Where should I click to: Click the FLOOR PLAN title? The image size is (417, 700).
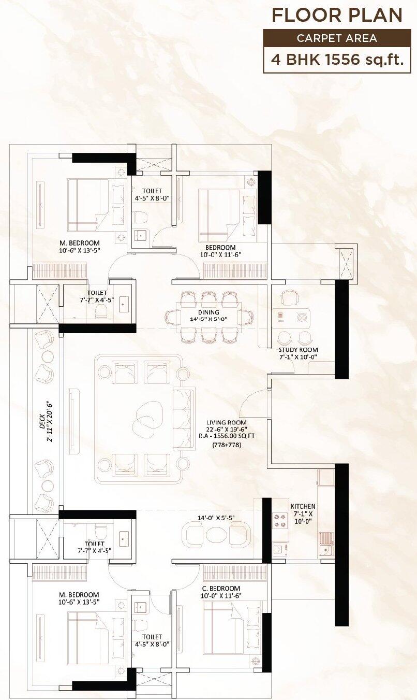[337, 16]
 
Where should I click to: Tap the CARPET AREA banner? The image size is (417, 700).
[337, 38]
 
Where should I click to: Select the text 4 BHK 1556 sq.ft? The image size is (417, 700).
[337, 60]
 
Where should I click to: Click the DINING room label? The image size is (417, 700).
[209, 312]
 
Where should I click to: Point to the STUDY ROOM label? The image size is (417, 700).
[298, 350]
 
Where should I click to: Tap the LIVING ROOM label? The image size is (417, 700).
[227, 423]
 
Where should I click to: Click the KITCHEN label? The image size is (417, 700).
[303, 506]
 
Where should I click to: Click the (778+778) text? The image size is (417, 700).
[227, 445]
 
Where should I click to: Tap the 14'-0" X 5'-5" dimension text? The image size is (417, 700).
[216, 518]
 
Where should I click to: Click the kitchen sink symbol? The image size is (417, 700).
[326, 544]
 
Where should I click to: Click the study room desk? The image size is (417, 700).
[291, 318]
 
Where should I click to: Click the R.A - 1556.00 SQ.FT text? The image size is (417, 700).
[227, 436]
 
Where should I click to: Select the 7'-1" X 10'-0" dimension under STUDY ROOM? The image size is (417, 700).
[299, 357]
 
